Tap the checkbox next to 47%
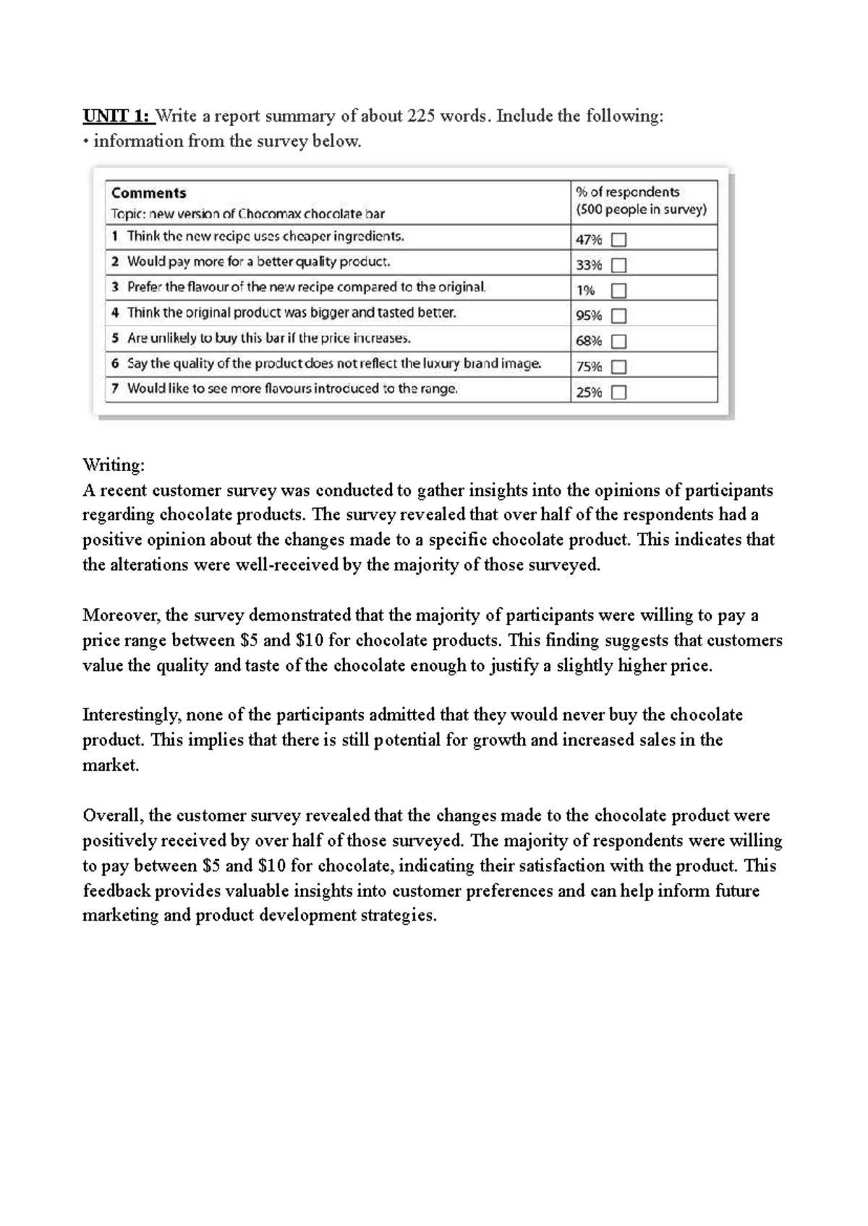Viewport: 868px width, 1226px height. (x=618, y=240)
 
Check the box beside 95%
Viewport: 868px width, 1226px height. (x=618, y=316)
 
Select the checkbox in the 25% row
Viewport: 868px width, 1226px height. (x=618, y=392)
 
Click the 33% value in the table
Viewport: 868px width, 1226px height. (x=588, y=265)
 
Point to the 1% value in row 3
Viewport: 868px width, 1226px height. (x=585, y=290)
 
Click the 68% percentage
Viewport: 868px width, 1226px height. (x=588, y=341)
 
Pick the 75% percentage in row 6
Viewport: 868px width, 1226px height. (x=588, y=366)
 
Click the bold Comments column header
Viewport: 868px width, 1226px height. (x=148, y=193)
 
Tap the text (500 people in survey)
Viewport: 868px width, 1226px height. (x=641, y=210)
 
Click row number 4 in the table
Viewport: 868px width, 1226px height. (x=115, y=313)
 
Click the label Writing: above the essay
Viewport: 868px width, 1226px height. (x=114, y=465)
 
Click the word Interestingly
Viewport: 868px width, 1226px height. (x=131, y=715)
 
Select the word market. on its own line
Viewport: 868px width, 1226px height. (x=110, y=766)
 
